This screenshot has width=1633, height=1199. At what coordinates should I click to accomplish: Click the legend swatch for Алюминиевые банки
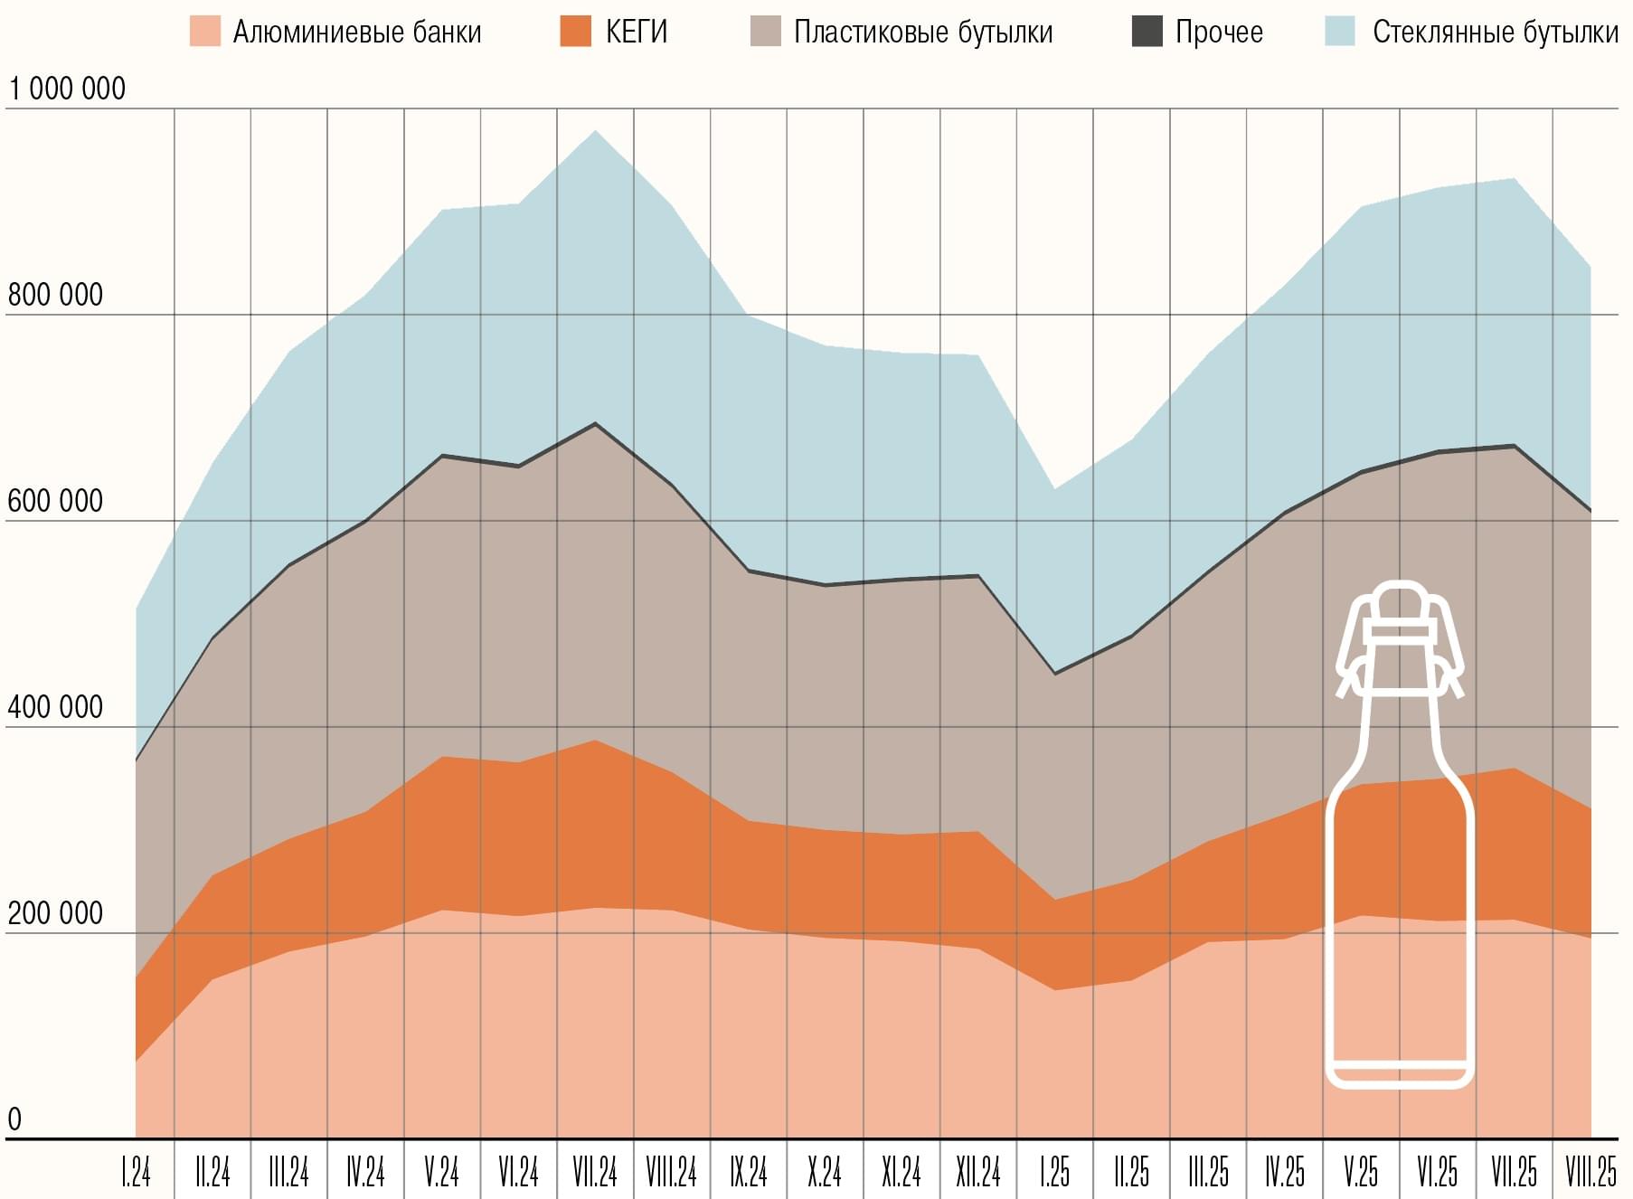205,32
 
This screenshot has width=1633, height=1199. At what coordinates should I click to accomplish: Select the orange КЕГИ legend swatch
576,32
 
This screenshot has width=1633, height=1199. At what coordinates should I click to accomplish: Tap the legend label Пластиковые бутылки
923,32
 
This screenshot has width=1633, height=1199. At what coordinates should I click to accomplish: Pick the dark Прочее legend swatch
1147,32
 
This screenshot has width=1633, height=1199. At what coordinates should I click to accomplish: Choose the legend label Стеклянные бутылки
1495,32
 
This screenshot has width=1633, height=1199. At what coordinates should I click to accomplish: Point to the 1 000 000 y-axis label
67,89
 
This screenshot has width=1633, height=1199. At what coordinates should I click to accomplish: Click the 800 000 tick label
55,295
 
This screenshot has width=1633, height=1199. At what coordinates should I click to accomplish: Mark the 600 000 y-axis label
55,501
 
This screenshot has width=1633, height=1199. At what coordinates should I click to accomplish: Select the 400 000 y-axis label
55,707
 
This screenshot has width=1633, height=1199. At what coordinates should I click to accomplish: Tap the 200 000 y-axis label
55,913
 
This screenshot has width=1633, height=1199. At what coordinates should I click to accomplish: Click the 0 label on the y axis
14,1119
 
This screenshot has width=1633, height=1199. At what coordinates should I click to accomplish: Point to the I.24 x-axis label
136,1173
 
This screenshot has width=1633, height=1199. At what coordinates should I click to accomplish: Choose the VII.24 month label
595,1173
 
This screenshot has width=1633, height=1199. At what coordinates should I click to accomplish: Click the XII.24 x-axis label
978,1173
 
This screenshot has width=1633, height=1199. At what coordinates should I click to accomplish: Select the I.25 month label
1054,1173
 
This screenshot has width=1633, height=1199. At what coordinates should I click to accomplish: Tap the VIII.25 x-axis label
1591,1173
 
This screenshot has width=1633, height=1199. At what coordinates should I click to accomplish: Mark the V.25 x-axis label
1361,1173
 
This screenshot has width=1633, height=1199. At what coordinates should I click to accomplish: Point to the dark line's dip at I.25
1054,674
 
